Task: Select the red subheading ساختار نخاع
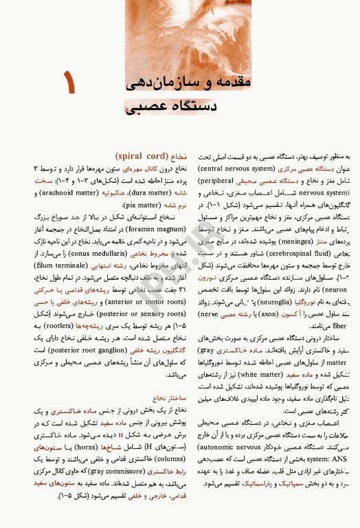(x=170, y=397)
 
